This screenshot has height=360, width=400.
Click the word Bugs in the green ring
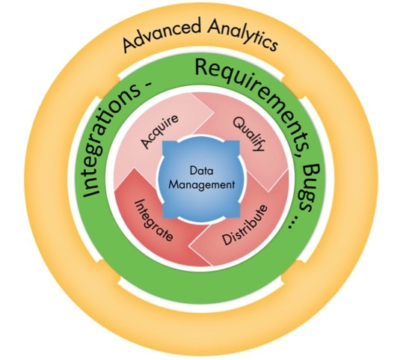point(310,187)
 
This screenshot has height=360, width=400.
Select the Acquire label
point(160,131)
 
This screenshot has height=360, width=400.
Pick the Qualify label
point(248,134)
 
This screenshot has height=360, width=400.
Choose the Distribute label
point(245,225)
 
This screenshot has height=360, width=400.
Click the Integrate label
point(153,220)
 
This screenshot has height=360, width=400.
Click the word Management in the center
point(202,185)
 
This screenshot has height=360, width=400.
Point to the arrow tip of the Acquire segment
point(214,112)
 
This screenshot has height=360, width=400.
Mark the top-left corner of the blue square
point(163,141)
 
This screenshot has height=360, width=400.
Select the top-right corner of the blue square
point(240,140)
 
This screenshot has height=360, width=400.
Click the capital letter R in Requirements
point(203,67)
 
